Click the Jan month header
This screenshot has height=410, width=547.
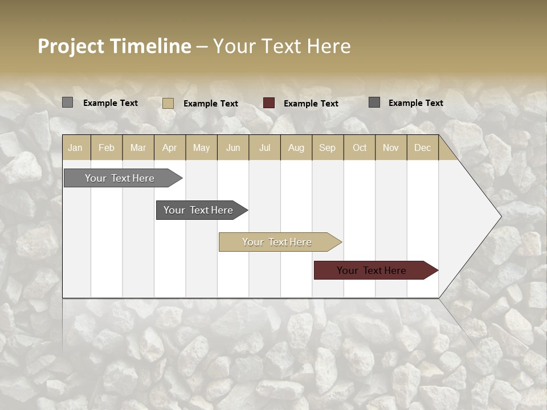[75, 148]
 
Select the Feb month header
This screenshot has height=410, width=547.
[107, 148]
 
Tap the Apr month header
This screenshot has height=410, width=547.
[170, 148]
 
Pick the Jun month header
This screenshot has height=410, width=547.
[233, 148]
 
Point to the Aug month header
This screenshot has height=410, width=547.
[296, 148]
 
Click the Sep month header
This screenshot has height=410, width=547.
[328, 148]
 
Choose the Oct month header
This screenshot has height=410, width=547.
[360, 148]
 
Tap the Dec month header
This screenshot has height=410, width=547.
[423, 148]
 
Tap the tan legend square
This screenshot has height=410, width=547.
[168, 103]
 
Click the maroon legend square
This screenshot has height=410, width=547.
[269, 103]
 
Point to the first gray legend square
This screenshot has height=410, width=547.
[67, 102]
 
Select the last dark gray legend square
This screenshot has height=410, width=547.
[374, 102]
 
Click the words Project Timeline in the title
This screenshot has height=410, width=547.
[114, 46]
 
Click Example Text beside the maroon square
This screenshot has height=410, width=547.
[311, 104]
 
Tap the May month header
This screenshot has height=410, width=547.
[201, 148]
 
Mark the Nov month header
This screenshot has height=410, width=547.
[391, 148]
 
